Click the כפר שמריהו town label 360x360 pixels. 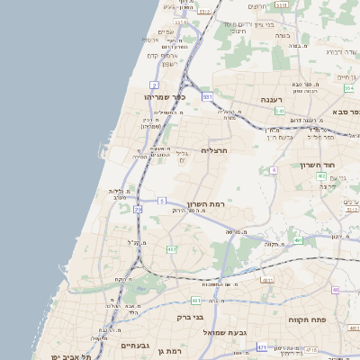point(164,96)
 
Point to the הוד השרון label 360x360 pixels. point(317,166)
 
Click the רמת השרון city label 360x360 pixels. point(205,204)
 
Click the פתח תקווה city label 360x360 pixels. point(306,320)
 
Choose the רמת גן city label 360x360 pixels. point(169,351)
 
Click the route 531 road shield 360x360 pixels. point(208,95)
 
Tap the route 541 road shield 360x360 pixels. point(280,111)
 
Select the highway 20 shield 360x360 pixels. point(138,209)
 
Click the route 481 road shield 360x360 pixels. point(195,301)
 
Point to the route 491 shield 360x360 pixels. point(297,241)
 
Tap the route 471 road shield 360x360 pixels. point(261,346)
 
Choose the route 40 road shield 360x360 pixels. point(335,290)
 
